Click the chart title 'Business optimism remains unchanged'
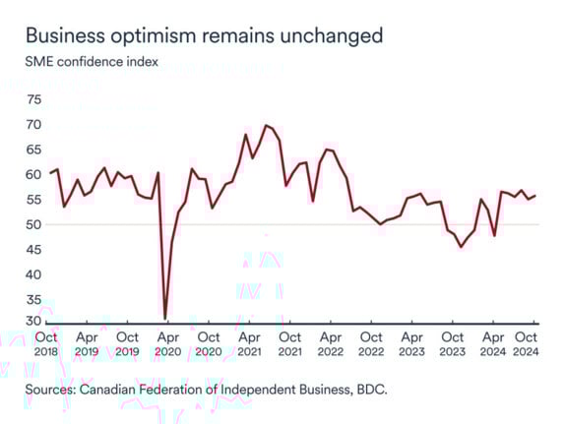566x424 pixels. pyautogui.click(x=204, y=35)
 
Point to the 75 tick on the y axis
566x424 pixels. pyautogui.click(x=35, y=99)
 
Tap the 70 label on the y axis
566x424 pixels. pyautogui.click(x=35, y=125)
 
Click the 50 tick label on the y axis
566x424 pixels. pyautogui.click(x=35, y=224)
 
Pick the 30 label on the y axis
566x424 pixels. pyautogui.click(x=35, y=322)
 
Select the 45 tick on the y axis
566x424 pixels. pyautogui.click(x=35, y=249)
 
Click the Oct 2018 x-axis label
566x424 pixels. pyautogui.click(x=47, y=343)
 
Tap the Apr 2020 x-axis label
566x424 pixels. pyautogui.click(x=168, y=343)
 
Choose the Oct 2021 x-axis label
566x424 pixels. pyautogui.click(x=289, y=343)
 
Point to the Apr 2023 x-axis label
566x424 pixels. pyautogui.click(x=411, y=343)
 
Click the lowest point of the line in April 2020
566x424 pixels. pyautogui.click(x=165, y=318)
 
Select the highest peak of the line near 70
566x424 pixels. pyautogui.click(x=265, y=125)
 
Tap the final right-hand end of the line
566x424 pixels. pyautogui.click(x=535, y=195)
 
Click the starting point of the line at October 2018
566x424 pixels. pyautogui.click(x=50, y=173)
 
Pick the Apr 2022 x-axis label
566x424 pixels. pyautogui.click(x=330, y=343)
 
